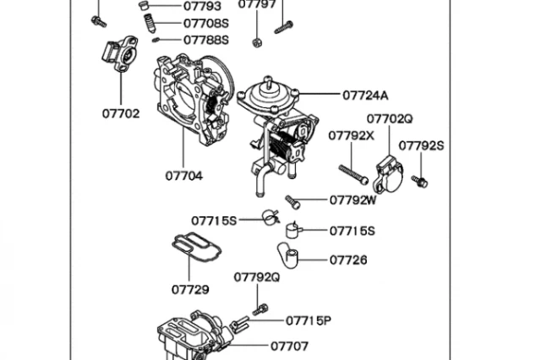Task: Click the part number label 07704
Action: click(x=183, y=177)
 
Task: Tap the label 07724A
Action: click(x=366, y=95)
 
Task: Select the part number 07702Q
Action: click(x=390, y=119)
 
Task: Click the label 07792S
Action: click(x=421, y=145)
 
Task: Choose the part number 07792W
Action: click(x=353, y=200)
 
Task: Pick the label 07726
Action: click(x=348, y=260)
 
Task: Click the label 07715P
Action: click(x=308, y=320)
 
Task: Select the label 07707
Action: click(x=290, y=346)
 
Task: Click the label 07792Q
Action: click(x=256, y=276)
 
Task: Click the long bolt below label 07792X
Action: click(x=352, y=174)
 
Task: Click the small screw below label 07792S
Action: click(x=419, y=180)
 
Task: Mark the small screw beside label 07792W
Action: click(x=292, y=201)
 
